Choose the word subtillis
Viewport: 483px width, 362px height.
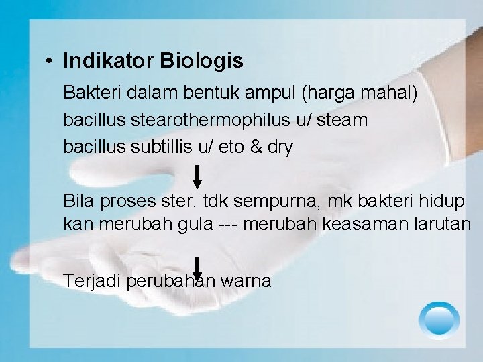click(158, 147)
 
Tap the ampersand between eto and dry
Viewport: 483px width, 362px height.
click(256, 147)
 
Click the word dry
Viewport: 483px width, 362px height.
click(280, 147)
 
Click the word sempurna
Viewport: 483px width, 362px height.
click(282, 200)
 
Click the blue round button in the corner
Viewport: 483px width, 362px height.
click(439, 319)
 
